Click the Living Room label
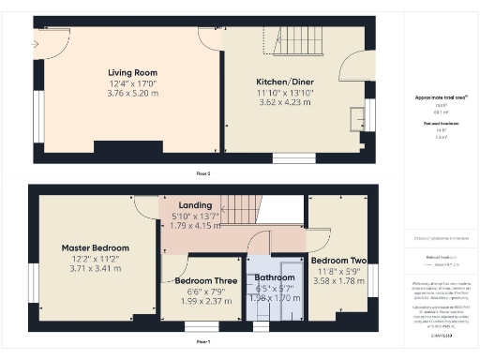[x=132, y=72]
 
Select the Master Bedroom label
[x=96, y=247]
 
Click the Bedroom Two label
[x=337, y=260]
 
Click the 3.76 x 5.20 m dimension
[x=132, y=94]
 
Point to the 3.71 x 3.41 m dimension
[x=96, y=269]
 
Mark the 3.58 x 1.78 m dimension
[x=337, y=280]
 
